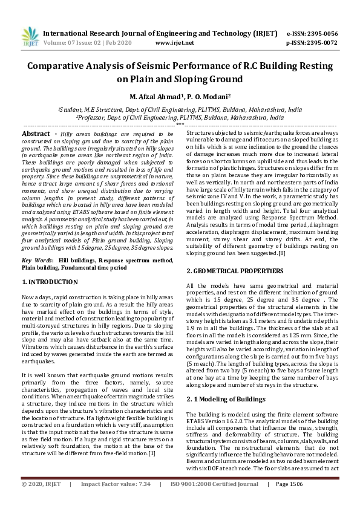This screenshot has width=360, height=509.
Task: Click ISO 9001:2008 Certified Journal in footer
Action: click(217, 501)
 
